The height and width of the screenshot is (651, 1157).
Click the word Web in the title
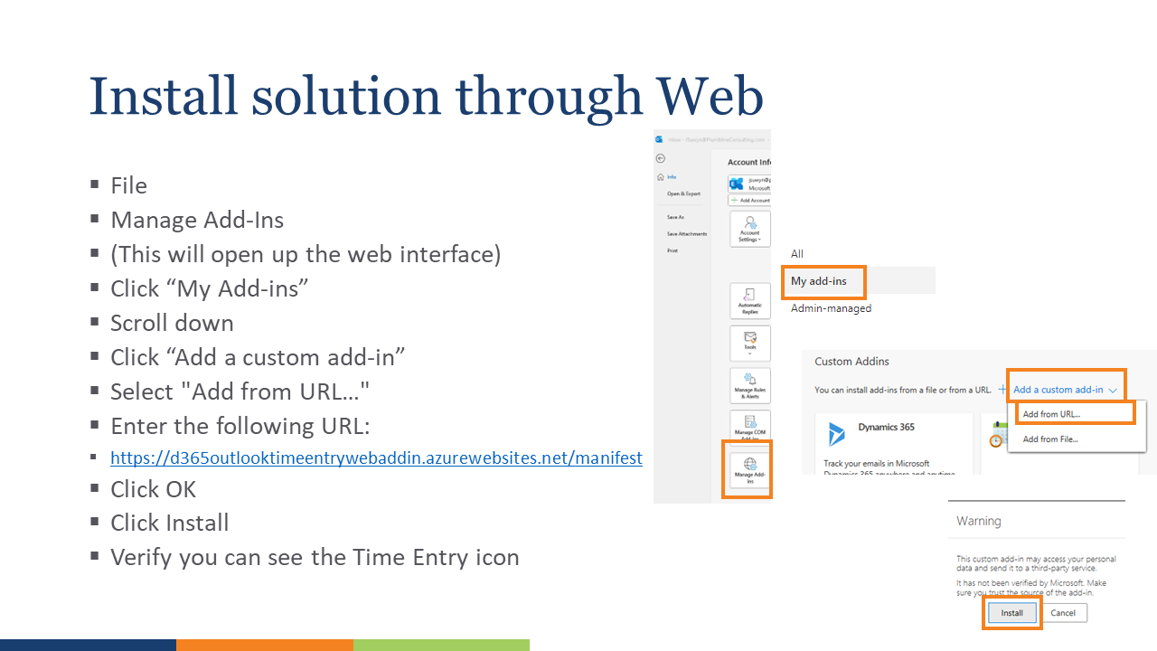coord(710,97)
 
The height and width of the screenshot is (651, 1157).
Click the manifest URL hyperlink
coord(376,458)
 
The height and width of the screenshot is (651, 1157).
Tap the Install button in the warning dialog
coord(1011,613)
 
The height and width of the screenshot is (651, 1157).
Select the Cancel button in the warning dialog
coord(1063,613)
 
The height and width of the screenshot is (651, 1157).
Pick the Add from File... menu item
coord(1049,439)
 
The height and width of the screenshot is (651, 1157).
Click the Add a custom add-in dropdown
coord(1066,390)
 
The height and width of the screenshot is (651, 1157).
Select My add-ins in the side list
coord(819,281)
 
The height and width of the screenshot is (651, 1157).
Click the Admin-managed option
coord(831,308)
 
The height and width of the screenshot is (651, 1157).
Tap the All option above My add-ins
coord(796,254)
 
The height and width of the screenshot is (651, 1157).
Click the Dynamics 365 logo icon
coord(836,434)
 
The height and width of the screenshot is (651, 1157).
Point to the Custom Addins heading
coord(851,362)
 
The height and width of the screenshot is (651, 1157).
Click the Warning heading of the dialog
coord(979,521)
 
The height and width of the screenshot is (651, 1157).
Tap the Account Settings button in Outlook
coord(749,228)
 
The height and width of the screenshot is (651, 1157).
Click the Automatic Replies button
coord(749,301)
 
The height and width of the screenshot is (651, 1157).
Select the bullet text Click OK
coord(153,489)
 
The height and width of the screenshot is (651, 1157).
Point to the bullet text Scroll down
coord(172,323)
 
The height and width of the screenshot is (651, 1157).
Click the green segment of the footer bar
coord(441,645)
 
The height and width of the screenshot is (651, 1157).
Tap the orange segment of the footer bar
coord(264,645)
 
